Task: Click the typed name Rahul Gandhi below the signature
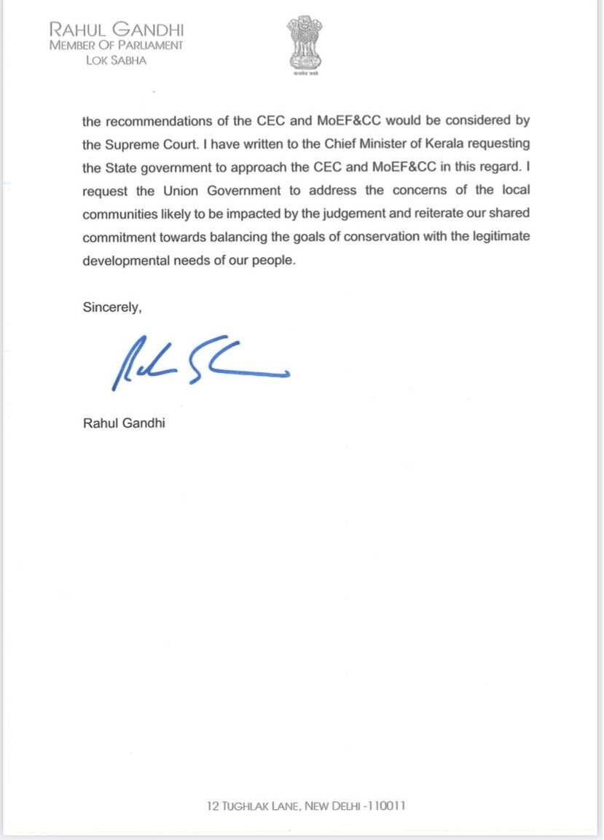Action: click(124, 423)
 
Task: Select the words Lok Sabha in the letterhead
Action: click(116, 60)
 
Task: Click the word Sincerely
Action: click(111, 308)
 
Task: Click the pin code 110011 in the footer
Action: click(386, 806)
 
